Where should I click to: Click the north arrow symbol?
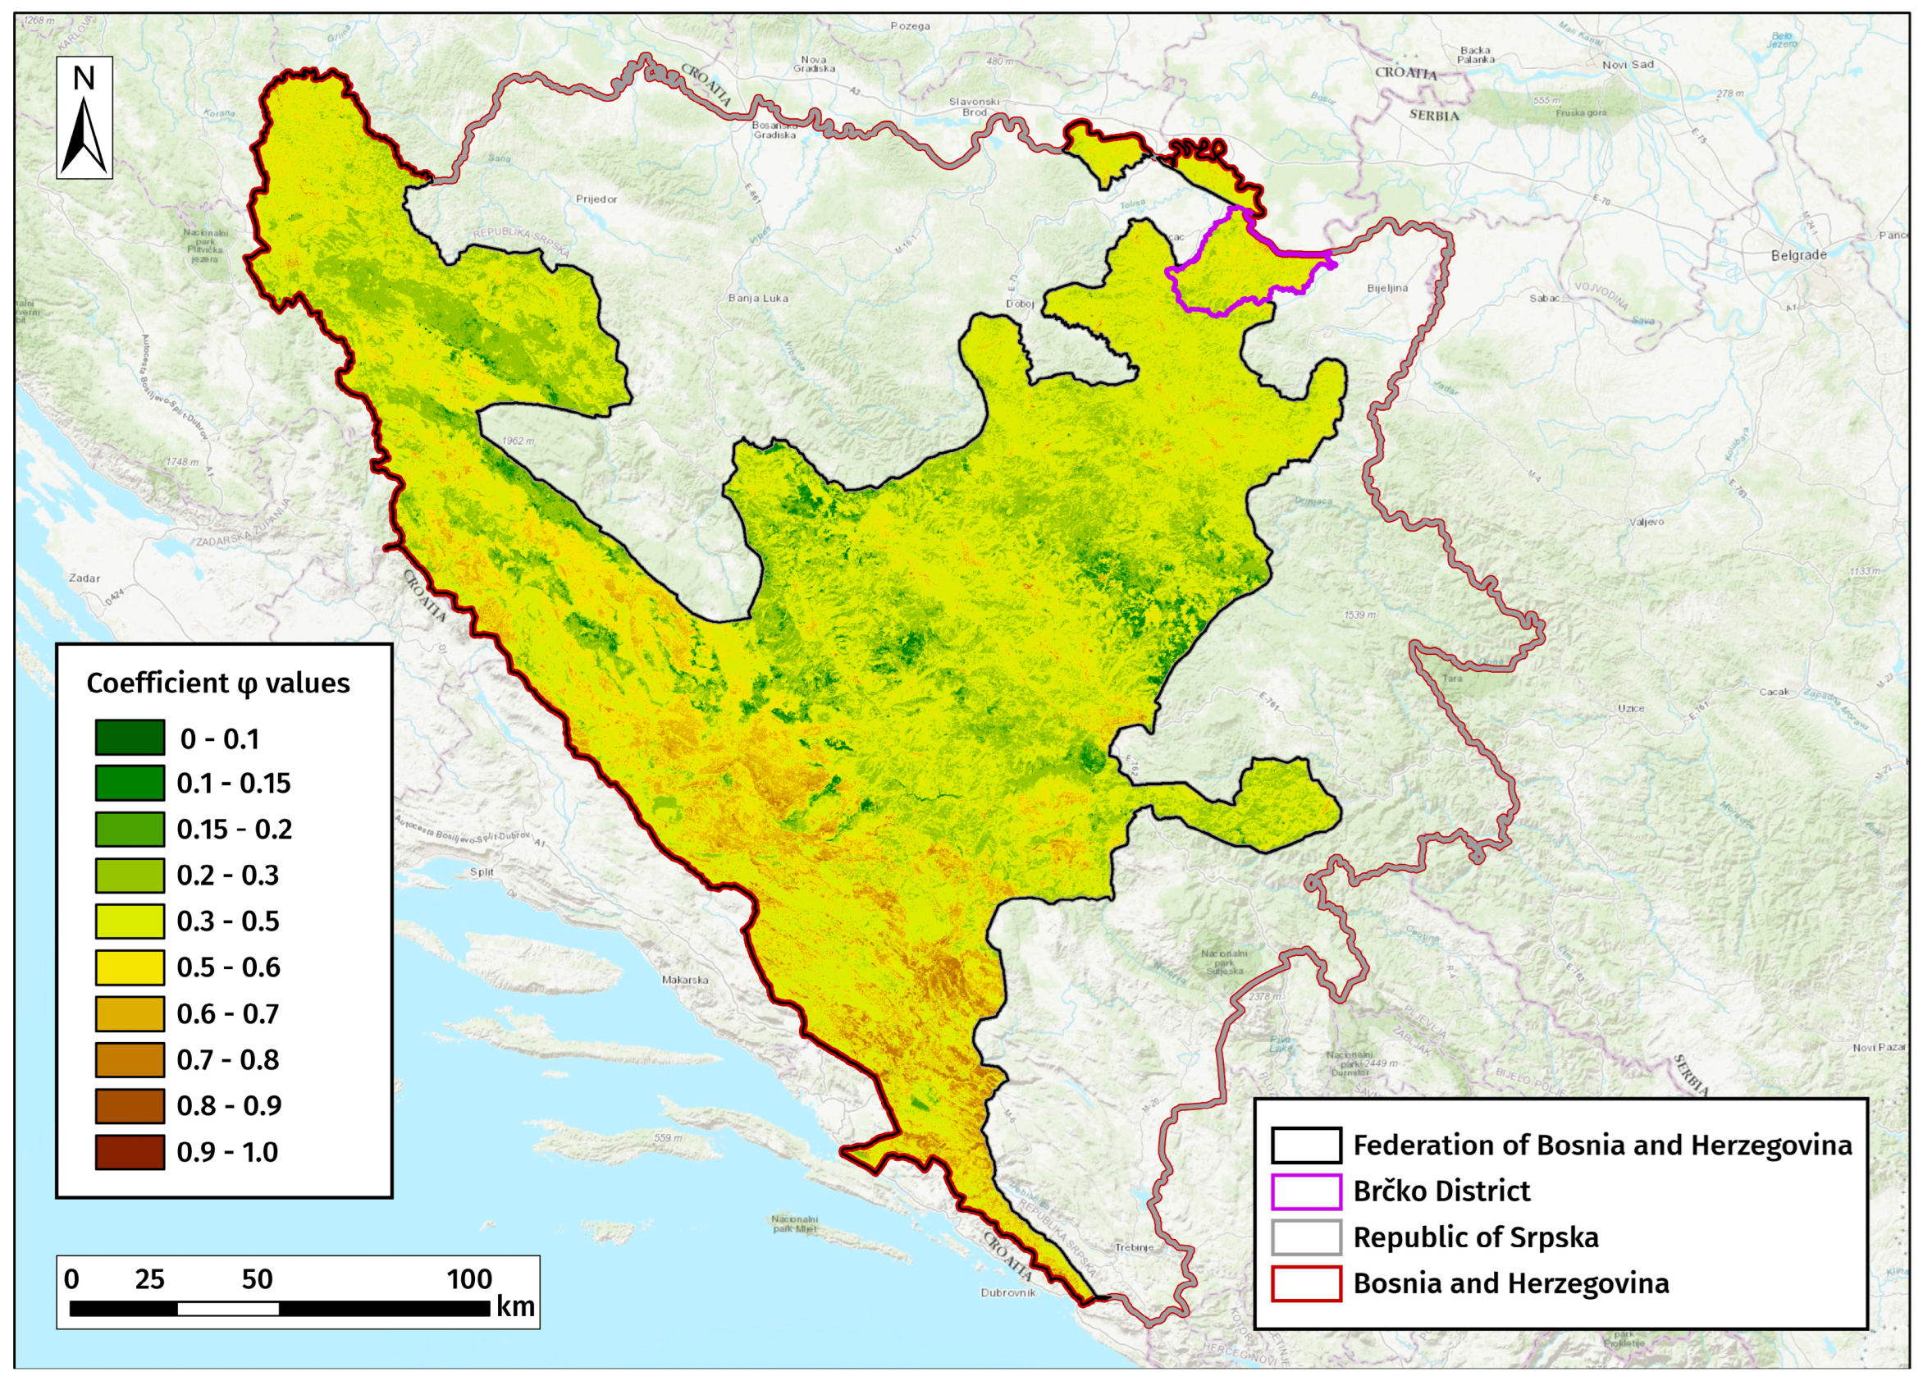pyautogui.click(x=84, y=119)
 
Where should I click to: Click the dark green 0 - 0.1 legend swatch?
pyautogui.click(x=130, y=738)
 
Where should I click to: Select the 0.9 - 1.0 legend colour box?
pyautogui.click(x=130, y=1152)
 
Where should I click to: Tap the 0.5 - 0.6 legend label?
pyautogui.click(x=228, y=967)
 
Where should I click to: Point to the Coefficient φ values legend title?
pyautogui.click(x=218, y=683)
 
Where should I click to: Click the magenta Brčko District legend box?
pyautogui.click(x=1306, y=1191)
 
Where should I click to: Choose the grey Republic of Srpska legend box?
pyautogui.click(x=1306, y=1237)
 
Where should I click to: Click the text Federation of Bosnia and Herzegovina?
pyautogui.click(x=1601, y=1145)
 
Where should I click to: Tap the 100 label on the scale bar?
pyautogui.click(x=469, y=1278)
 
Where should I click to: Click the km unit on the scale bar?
pyautogui.click(x=515, y=1306)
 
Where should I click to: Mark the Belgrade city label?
pyautogui.click(x=1798, y=254)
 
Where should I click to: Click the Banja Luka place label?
pyautogui.click(x=758, y=298)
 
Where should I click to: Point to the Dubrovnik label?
pyautogui.click(x=1008, y=1292)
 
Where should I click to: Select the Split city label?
pyautogui.click(x=482, y=871)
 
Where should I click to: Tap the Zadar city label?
pyautogui.click(x=85, y=578)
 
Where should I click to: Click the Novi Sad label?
pyautogui.click(x=1627, y=65)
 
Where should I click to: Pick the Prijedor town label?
pyautogui.click(x=596, y=199)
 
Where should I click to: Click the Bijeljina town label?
pyautogui.click(x=1387, y=288)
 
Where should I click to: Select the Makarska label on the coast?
pyautogui.click(x=685, y=980)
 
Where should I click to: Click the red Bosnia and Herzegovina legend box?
pyautogui.click(x=1306, y=1283)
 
